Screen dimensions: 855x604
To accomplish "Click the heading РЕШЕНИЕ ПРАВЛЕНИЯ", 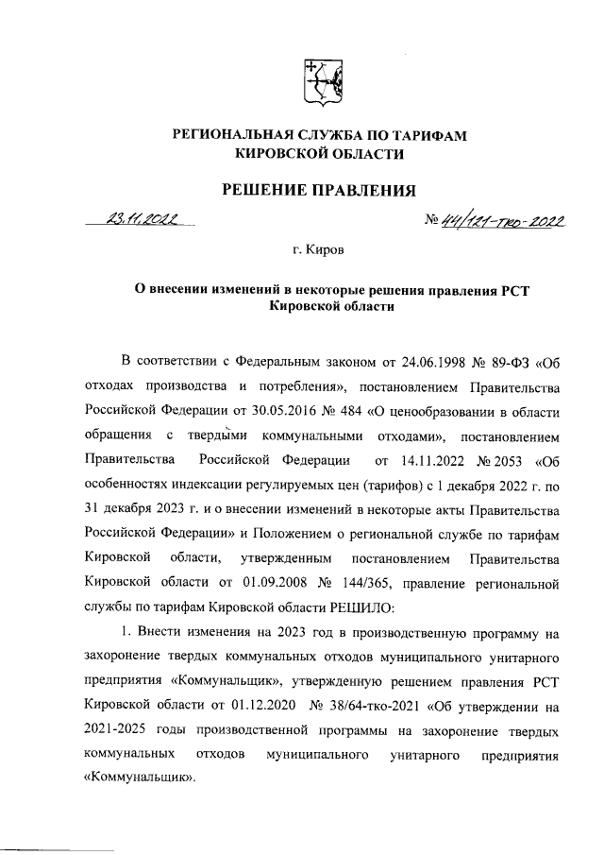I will tap(318, 191).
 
